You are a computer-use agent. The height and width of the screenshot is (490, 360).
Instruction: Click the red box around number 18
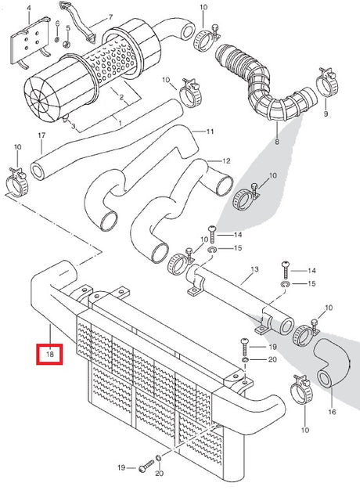49,354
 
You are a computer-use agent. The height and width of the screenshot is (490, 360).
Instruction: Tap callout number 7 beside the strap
110,17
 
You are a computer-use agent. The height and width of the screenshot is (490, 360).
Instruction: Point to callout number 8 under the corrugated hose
277,142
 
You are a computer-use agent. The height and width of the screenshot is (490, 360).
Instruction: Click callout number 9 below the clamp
326,114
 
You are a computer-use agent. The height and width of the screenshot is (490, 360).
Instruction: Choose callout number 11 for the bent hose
210,132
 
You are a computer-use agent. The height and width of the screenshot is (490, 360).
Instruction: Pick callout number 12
226,161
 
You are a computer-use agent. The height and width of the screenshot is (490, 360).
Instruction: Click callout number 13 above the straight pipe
254,269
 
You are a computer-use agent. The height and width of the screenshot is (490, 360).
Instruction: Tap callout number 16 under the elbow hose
332,412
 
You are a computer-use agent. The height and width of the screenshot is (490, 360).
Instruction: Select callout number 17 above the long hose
41,135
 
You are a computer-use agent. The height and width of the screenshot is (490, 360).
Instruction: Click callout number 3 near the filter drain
73,126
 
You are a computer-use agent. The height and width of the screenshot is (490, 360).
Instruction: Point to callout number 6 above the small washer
57,23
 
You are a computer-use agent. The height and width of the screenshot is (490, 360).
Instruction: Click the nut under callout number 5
67,44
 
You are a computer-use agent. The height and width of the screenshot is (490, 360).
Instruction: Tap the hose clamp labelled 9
327,82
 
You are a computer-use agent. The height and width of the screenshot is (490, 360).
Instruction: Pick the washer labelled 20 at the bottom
159,458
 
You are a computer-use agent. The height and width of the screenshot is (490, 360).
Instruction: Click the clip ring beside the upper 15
213,250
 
